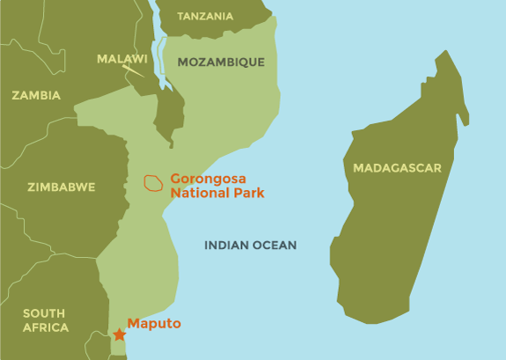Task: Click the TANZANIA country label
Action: coord(205,16)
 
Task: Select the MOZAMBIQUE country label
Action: coord(221,62)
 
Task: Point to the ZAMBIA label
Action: coord(36,95)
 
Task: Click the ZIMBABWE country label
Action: coord(62,187)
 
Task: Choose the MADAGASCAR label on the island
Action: coord(397,167)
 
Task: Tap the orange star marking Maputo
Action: coord(119,334)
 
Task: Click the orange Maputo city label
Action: coord(154,324)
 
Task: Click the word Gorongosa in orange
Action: coord(207,177)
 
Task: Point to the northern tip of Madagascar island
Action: coord(447,52)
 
